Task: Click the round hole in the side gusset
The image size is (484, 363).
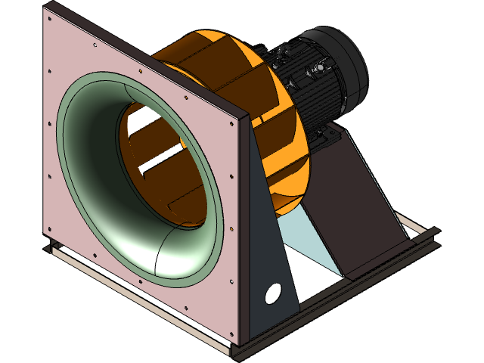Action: pos(273,293)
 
